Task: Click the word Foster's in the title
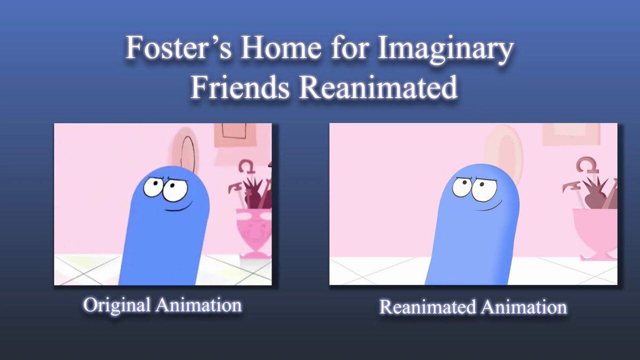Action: click(x=179, y=47)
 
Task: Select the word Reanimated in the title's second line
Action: click(x=378, y=87)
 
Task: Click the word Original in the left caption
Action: click(x=117, y=306)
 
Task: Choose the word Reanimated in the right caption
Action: click(x=427, y=307)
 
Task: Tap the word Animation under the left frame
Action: click(x=198, y=305)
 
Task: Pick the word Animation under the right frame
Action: click(x=524, y=307)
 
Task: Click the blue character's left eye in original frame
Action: click(x=154, y=187)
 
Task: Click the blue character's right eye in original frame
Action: click(x=175, y=190)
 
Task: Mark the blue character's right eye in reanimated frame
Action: click(x=484, y=189)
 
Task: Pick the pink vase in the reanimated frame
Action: click(x=595, y=234)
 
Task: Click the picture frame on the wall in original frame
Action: click(x=235, y=135)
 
